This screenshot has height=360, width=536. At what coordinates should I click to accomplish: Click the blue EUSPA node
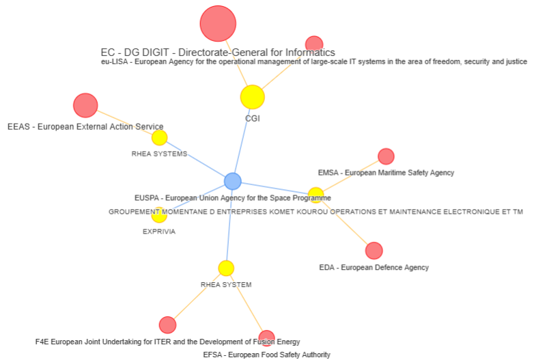233,181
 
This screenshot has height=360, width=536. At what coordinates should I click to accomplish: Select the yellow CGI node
252,97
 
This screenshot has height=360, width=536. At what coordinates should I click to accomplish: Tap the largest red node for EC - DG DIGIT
218,24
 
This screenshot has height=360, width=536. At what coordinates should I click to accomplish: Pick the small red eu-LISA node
314,44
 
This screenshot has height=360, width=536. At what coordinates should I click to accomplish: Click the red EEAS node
85,105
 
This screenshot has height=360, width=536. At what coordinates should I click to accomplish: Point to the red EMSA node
386,156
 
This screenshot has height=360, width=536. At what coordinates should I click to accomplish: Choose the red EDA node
374,251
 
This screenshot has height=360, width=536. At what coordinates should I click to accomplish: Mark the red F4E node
167,325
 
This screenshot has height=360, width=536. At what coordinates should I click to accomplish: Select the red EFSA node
267,337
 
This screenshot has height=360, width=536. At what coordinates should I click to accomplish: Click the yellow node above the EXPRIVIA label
159,216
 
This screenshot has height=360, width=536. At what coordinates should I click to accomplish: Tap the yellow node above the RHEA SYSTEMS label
159,138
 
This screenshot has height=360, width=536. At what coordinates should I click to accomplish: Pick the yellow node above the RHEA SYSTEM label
226,268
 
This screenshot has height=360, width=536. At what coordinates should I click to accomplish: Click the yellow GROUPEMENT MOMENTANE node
315,195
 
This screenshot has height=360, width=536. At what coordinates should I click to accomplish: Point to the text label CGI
253,118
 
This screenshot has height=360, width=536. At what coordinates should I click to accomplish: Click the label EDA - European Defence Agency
373,267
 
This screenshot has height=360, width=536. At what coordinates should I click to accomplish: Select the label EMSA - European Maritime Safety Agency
386,173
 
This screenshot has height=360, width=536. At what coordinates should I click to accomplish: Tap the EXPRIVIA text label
159,232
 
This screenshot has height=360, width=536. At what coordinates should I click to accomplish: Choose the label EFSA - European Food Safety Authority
266,355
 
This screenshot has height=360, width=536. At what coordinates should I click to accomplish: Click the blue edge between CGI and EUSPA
242,139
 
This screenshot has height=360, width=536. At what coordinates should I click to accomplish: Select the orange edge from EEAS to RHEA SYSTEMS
123,122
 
